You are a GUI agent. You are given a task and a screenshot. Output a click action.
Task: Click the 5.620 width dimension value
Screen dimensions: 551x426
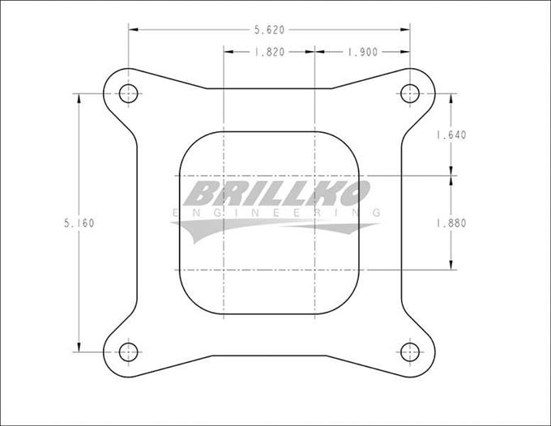pos(270,30)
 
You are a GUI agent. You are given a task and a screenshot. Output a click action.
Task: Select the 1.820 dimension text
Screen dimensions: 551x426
pos(270,52)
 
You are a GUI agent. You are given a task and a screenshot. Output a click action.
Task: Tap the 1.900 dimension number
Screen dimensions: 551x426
pos(363,52)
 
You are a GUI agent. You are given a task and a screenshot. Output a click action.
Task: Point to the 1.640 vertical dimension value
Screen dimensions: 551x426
pos(451,135)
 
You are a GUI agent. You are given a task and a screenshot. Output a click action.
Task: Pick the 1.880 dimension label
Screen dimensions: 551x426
pos(451,223)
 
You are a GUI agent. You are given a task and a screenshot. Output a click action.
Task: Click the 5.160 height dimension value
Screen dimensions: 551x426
pos(79,223)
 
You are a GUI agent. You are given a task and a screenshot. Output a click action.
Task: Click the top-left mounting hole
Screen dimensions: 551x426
pos(128,94)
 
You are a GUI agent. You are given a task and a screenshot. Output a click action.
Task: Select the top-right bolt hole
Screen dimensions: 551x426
pos(410,94)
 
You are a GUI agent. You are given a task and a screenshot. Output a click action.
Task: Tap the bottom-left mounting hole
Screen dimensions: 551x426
pos(128,352)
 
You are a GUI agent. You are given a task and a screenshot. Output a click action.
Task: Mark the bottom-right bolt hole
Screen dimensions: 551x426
pos(410,352)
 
